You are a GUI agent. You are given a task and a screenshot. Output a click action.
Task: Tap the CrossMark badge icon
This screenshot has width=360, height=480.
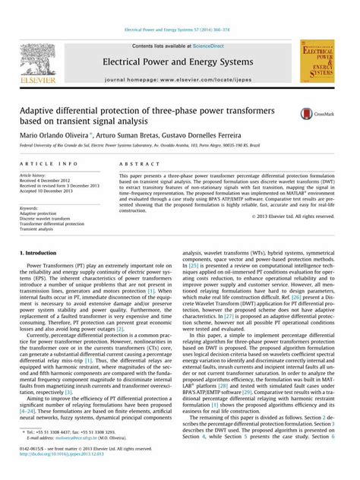pyautogui.click(x=312, y=113)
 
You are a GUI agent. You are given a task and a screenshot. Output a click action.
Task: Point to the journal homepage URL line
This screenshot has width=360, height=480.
pyautogui.click(x=179, y=80)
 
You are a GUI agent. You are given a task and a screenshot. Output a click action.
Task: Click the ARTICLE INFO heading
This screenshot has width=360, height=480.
pyautogui.click(x=48, y=163)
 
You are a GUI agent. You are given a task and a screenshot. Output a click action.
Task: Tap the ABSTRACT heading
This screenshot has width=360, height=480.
pyautogui.click(x=137, y=163)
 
